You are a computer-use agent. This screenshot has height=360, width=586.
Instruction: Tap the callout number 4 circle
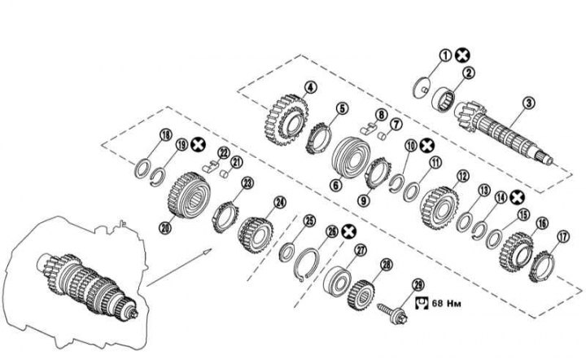[310, 87]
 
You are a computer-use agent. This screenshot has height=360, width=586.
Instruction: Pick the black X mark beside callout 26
[349, 231]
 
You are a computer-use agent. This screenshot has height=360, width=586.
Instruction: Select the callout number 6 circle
[335, 185]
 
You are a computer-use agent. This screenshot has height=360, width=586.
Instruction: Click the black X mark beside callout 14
[516, 196]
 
